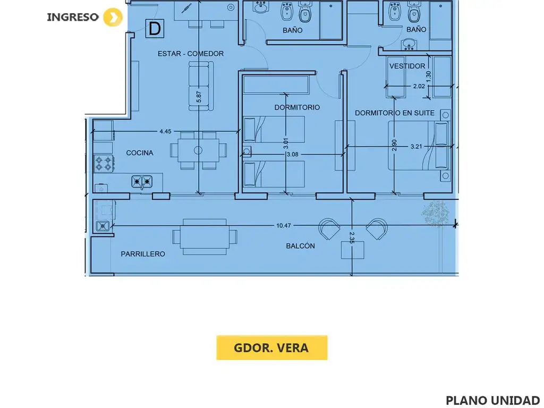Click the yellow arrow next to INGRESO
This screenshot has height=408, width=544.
click(x=113, y=17)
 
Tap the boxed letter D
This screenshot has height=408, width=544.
click(x=155, y=29)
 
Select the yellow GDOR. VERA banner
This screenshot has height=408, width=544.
click(x=271, y=347)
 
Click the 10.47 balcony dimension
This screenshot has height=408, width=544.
click(x=284, y=225)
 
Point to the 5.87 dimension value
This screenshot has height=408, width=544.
click(x=199, y=97)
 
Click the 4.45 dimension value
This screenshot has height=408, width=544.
click(x=166, y=132)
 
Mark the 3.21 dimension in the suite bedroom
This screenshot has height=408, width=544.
click(x=416, y=147)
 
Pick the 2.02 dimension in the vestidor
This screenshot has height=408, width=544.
click(x=419, y=86)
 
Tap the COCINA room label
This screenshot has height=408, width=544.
click(x=140, y=152)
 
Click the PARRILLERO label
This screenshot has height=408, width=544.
click(x=143, y=254)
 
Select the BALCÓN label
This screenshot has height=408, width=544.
click(x=301, y=246)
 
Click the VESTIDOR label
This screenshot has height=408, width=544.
click(x=407, y=66)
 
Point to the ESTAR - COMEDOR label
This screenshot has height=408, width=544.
click(x=191, y=54)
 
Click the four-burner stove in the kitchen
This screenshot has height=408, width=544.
click(x=104, y=164)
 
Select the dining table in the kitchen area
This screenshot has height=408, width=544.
click(x=199, y=150)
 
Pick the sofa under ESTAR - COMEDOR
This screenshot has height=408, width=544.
click(x=201, y=86)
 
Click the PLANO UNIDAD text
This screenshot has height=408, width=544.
click(x=492, y=400)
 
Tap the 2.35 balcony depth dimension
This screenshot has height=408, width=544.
click(x=352, y=237)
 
